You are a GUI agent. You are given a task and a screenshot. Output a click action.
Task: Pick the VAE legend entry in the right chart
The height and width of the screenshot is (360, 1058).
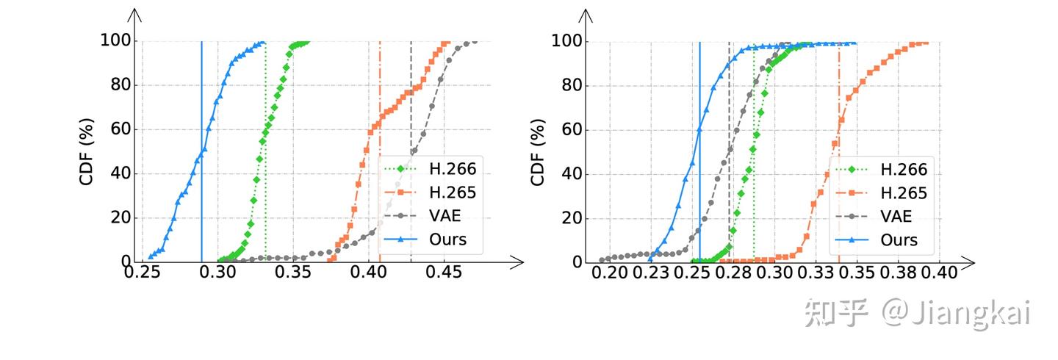tap(896, 216)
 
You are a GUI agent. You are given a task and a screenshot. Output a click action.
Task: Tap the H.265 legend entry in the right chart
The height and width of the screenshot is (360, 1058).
tap(904, 193)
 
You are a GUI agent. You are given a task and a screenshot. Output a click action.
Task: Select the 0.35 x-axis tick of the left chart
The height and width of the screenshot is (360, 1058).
tap(294, 272)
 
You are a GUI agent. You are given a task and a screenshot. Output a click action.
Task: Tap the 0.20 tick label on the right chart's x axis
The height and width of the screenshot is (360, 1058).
tap(609, 273)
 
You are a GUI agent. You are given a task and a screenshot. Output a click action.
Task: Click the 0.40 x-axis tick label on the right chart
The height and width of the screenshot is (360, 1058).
tap(939, 273)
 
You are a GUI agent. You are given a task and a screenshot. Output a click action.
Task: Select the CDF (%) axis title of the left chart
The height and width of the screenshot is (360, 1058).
tap(87, 151)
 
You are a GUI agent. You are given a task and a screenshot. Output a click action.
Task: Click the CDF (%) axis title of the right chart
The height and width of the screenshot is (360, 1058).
tap(539, 151)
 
